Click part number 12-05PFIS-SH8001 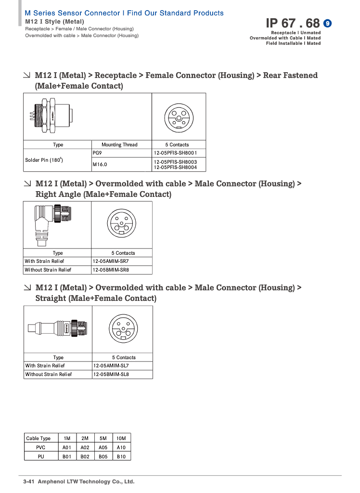click(x=175, y=153)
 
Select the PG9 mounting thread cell click(x=98, y=153)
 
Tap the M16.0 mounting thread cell click(x=100, y=164)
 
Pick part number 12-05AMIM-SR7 click(x=111, y=261)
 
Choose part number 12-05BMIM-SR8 click(x=111, y=270)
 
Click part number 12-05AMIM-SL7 click(x=111, y=365)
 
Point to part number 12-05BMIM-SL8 click(x=111, y=374)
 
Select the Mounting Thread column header click(x=119, y=144)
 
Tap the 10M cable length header click(x=121, y=438)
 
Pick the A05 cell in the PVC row click(x=103, y=447)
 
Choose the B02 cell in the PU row click(x=85, y=456)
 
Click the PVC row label click(x=41, y=447)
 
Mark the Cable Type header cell click(x=39, y=438)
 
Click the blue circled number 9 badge click(x=327, y=23)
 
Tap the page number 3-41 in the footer click(x=29, y=481)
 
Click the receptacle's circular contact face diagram click(x=179, y=117)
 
